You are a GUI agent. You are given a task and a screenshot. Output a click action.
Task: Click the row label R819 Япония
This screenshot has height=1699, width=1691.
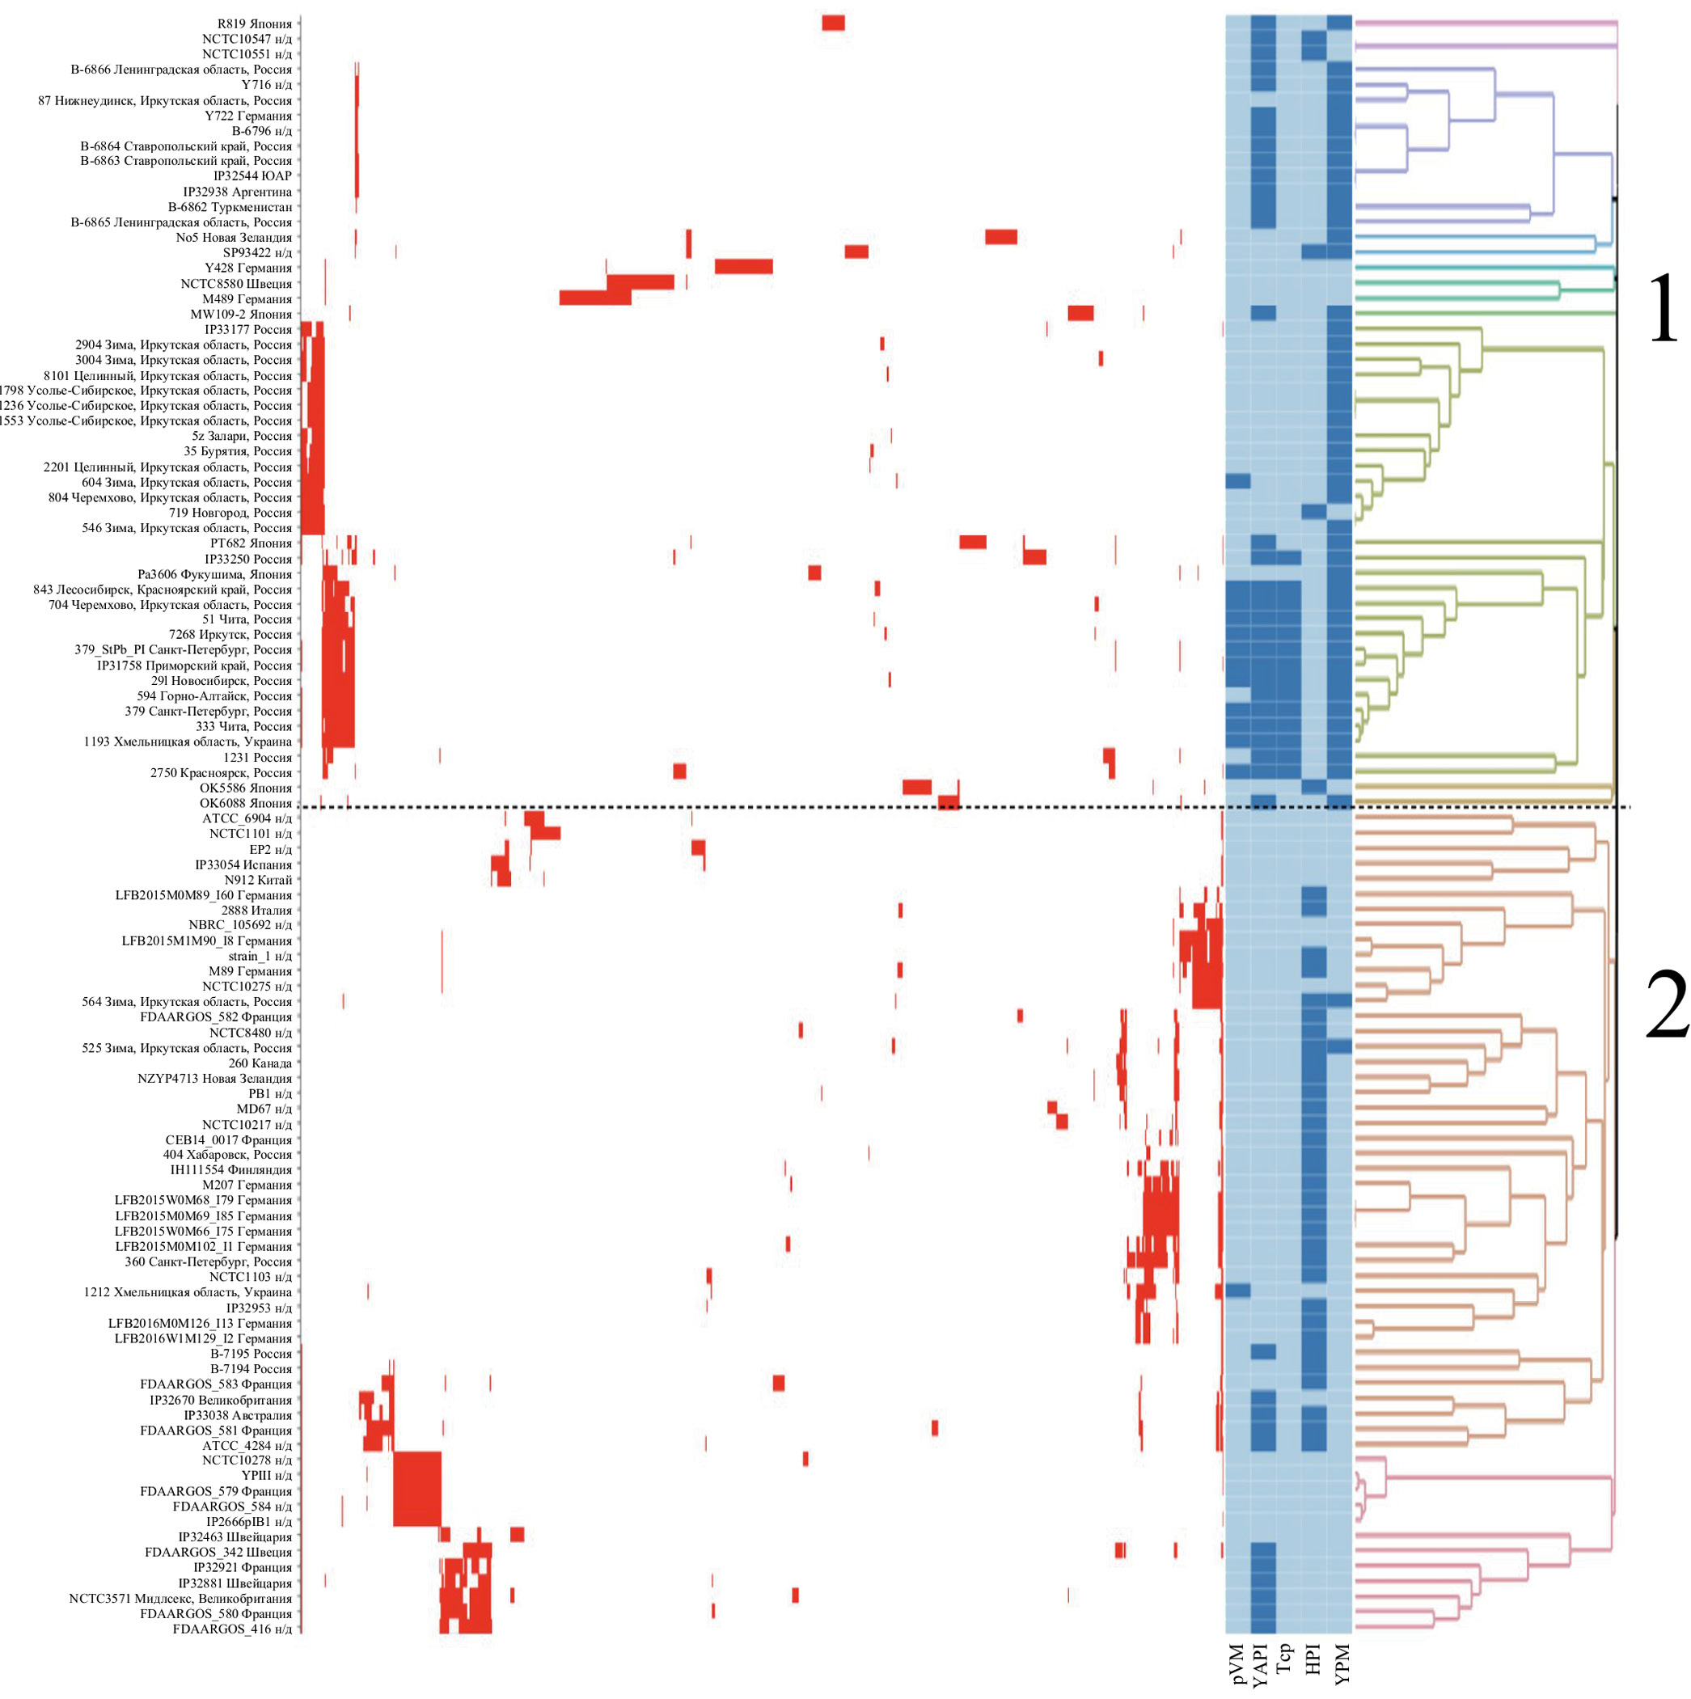[254, 23]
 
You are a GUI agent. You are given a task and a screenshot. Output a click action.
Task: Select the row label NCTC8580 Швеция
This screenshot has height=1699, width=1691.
[235, 284]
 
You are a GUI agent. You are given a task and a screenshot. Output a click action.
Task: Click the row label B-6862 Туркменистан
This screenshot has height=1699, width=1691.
[230, 208]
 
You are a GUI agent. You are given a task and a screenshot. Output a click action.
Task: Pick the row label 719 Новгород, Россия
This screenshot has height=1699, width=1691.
[230, 513]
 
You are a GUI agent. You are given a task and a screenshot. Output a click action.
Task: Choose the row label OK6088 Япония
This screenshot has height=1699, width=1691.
[245, 803]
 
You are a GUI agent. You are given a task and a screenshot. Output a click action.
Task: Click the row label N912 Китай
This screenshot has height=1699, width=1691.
[258, 879]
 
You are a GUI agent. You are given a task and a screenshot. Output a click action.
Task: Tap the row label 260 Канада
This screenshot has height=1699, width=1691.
[260, 1063]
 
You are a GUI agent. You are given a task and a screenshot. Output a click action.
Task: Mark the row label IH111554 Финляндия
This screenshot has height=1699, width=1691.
[230, 1169]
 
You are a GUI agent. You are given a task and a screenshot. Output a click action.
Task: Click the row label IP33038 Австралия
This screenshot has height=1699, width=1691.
[238, 1415]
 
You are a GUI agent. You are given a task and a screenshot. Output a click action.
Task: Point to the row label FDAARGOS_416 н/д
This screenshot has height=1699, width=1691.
[232, 1629]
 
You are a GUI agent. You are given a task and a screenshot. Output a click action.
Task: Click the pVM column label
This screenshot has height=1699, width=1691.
[1237, 1664]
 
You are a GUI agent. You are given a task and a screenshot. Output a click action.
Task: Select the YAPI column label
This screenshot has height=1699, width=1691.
[1262, 1664]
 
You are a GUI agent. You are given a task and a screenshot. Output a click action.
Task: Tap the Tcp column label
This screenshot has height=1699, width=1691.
[1286, 1659]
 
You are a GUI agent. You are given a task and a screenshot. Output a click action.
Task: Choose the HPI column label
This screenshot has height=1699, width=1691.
[1313, 1659]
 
